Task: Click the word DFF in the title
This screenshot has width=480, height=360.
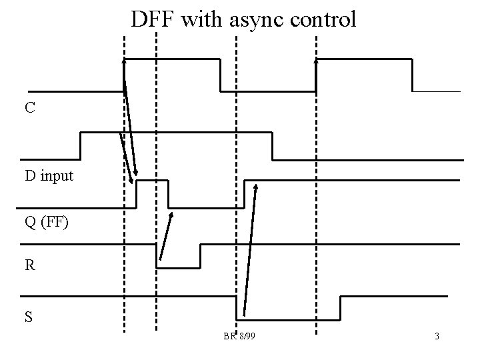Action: (x=153, y=19)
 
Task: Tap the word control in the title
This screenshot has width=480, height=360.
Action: (x=324, y=19)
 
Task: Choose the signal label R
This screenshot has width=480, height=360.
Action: (x=30, y=265)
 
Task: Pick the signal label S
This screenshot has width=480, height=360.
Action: (x=29, y=317)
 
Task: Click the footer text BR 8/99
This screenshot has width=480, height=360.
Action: (x=239, y=336)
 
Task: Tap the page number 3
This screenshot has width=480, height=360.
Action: (x=437, y=336)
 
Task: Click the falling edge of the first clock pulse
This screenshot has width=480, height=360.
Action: (x=220, y=75)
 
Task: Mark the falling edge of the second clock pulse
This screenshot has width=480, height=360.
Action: (x=413, y=75)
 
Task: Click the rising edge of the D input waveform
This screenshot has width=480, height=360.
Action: (x=81, y=146)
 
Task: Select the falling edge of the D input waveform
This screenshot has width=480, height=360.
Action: (x=273, y=146)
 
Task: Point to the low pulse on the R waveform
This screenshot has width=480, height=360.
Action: (x=179, y=267)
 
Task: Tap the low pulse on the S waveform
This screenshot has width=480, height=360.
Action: (x=288, y=317)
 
